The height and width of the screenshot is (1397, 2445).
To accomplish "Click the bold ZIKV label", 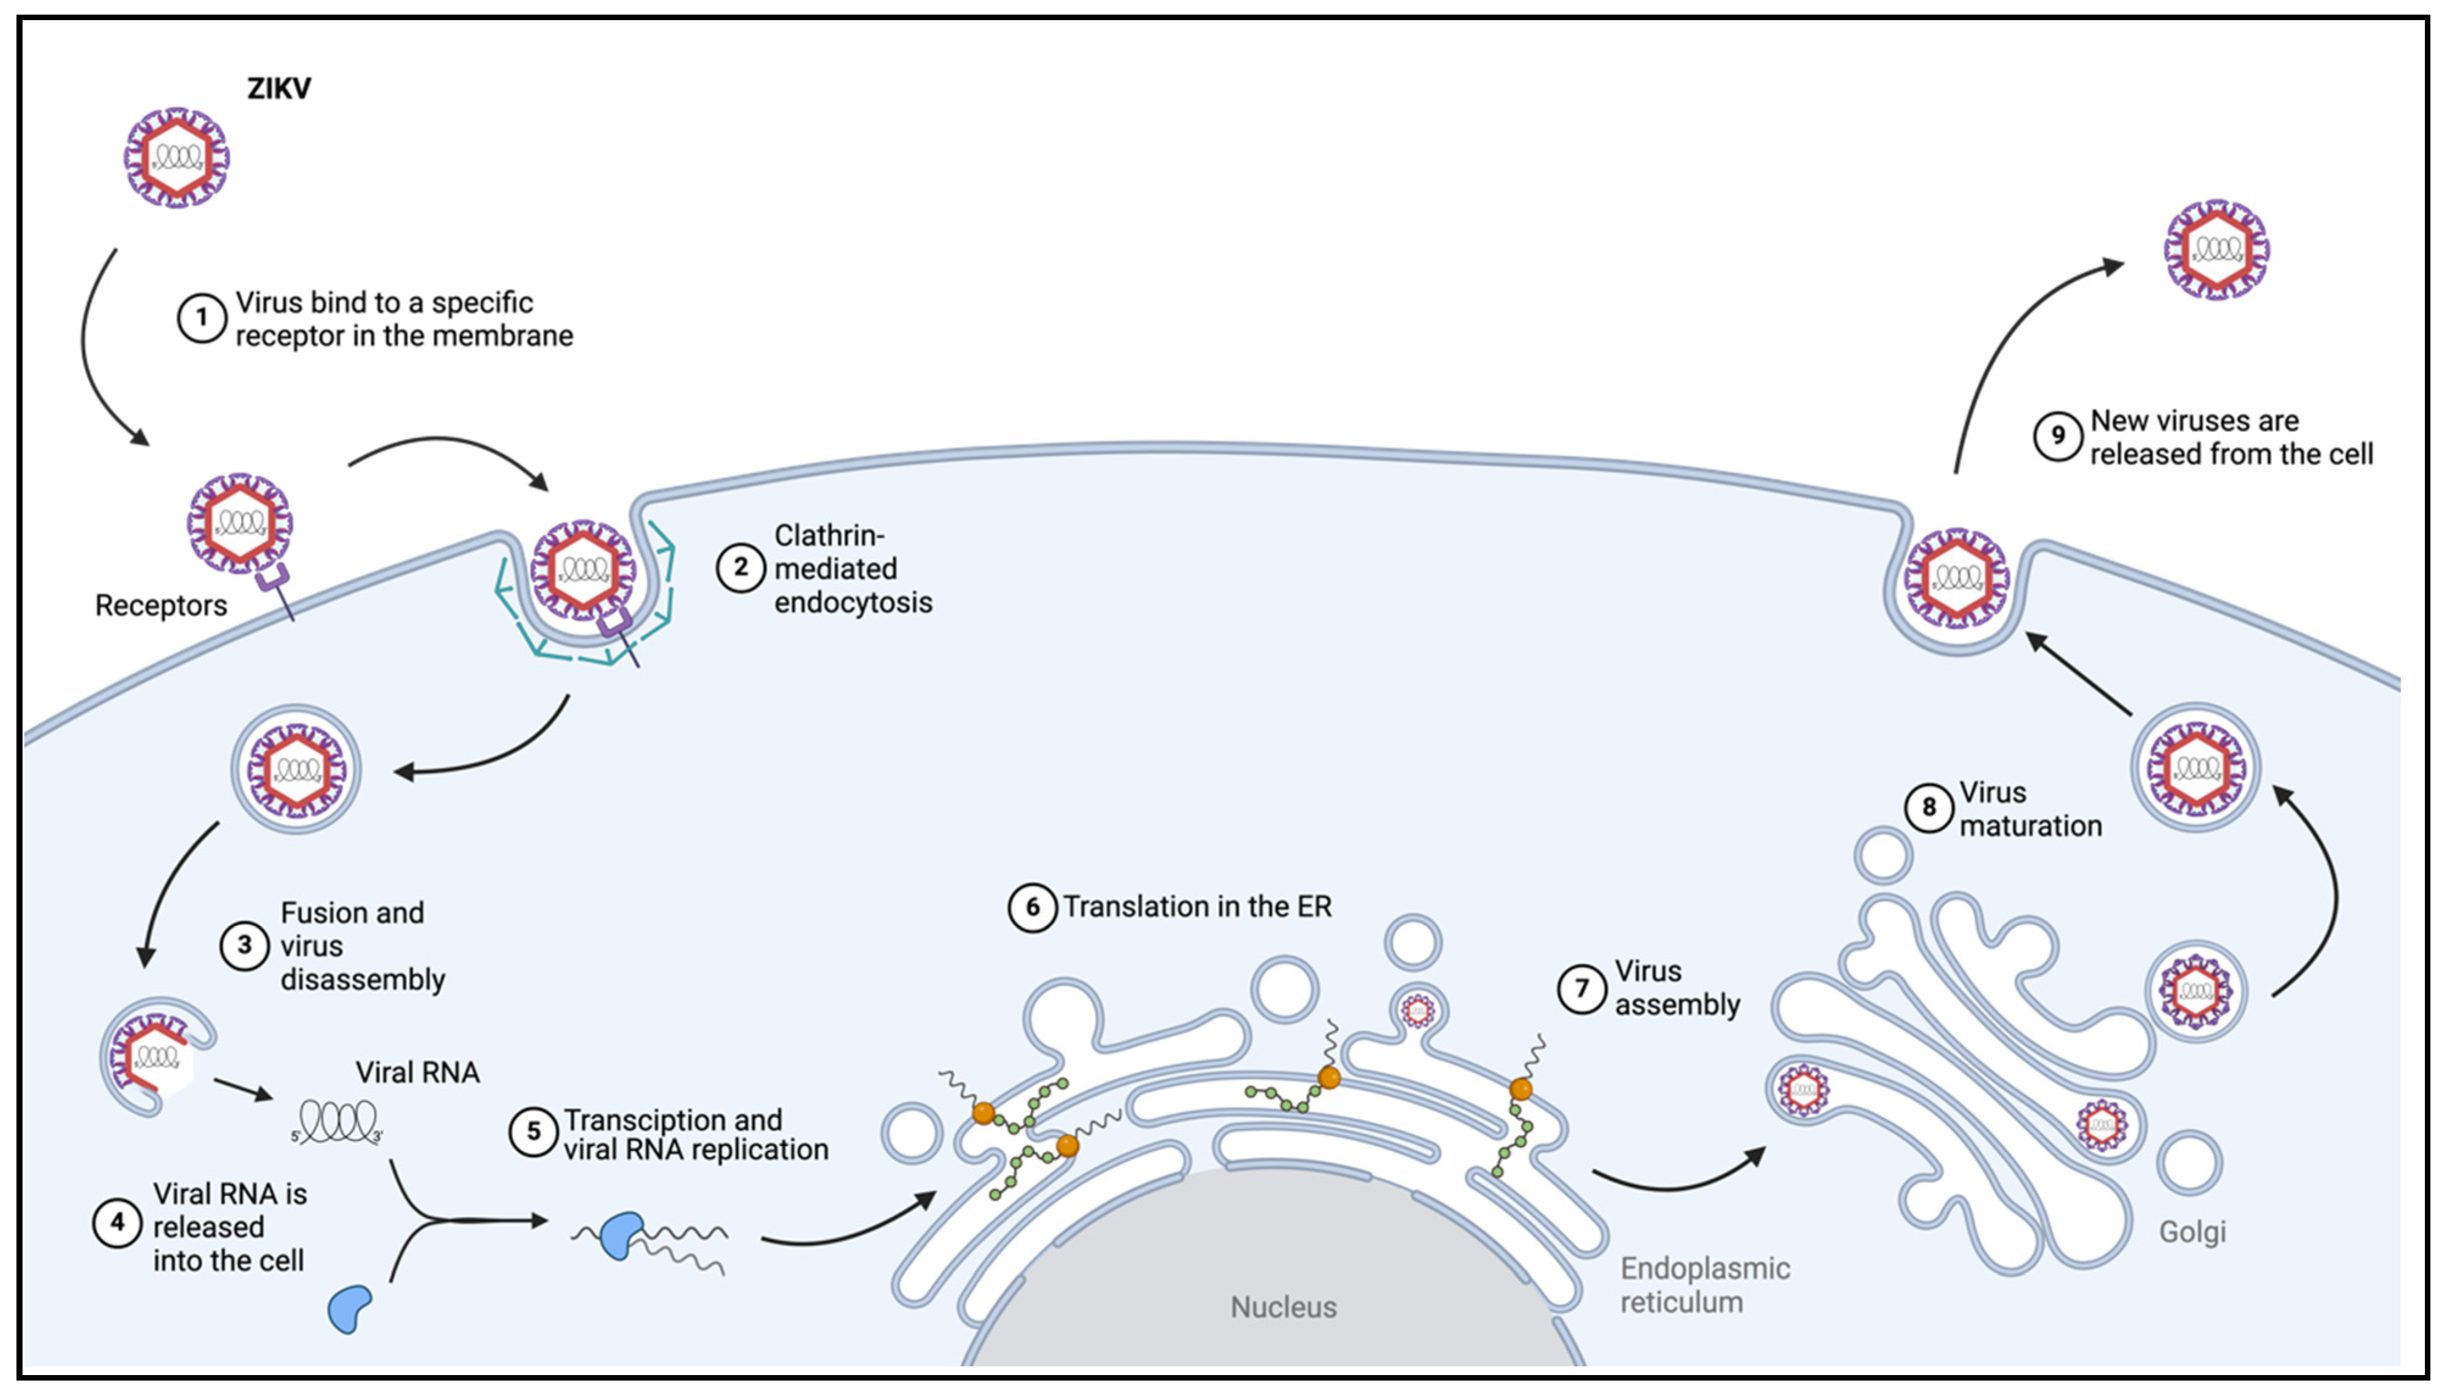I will click(x=279, y=88).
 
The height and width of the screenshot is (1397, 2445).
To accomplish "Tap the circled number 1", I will click(x=202, y=317).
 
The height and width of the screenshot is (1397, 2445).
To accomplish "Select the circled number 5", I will click(x=533, y=1131).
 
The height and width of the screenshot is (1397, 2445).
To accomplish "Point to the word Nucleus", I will click(x=1283, y=1307).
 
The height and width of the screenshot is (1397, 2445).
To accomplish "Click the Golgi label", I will click(x=2191, y=1231).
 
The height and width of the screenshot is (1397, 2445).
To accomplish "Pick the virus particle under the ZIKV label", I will click(x=177, y=157).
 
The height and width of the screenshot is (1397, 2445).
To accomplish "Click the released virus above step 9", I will click(x=2216, y=249).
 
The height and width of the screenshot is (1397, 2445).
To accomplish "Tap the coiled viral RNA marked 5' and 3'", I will click(x=338, y=1120).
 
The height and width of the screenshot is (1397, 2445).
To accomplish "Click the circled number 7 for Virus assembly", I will click(x=1581, y=988).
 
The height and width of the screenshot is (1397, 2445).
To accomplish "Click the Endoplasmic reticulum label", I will click(x=1704, y=1285).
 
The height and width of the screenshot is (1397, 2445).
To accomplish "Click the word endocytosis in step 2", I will click(x=853, y=603).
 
